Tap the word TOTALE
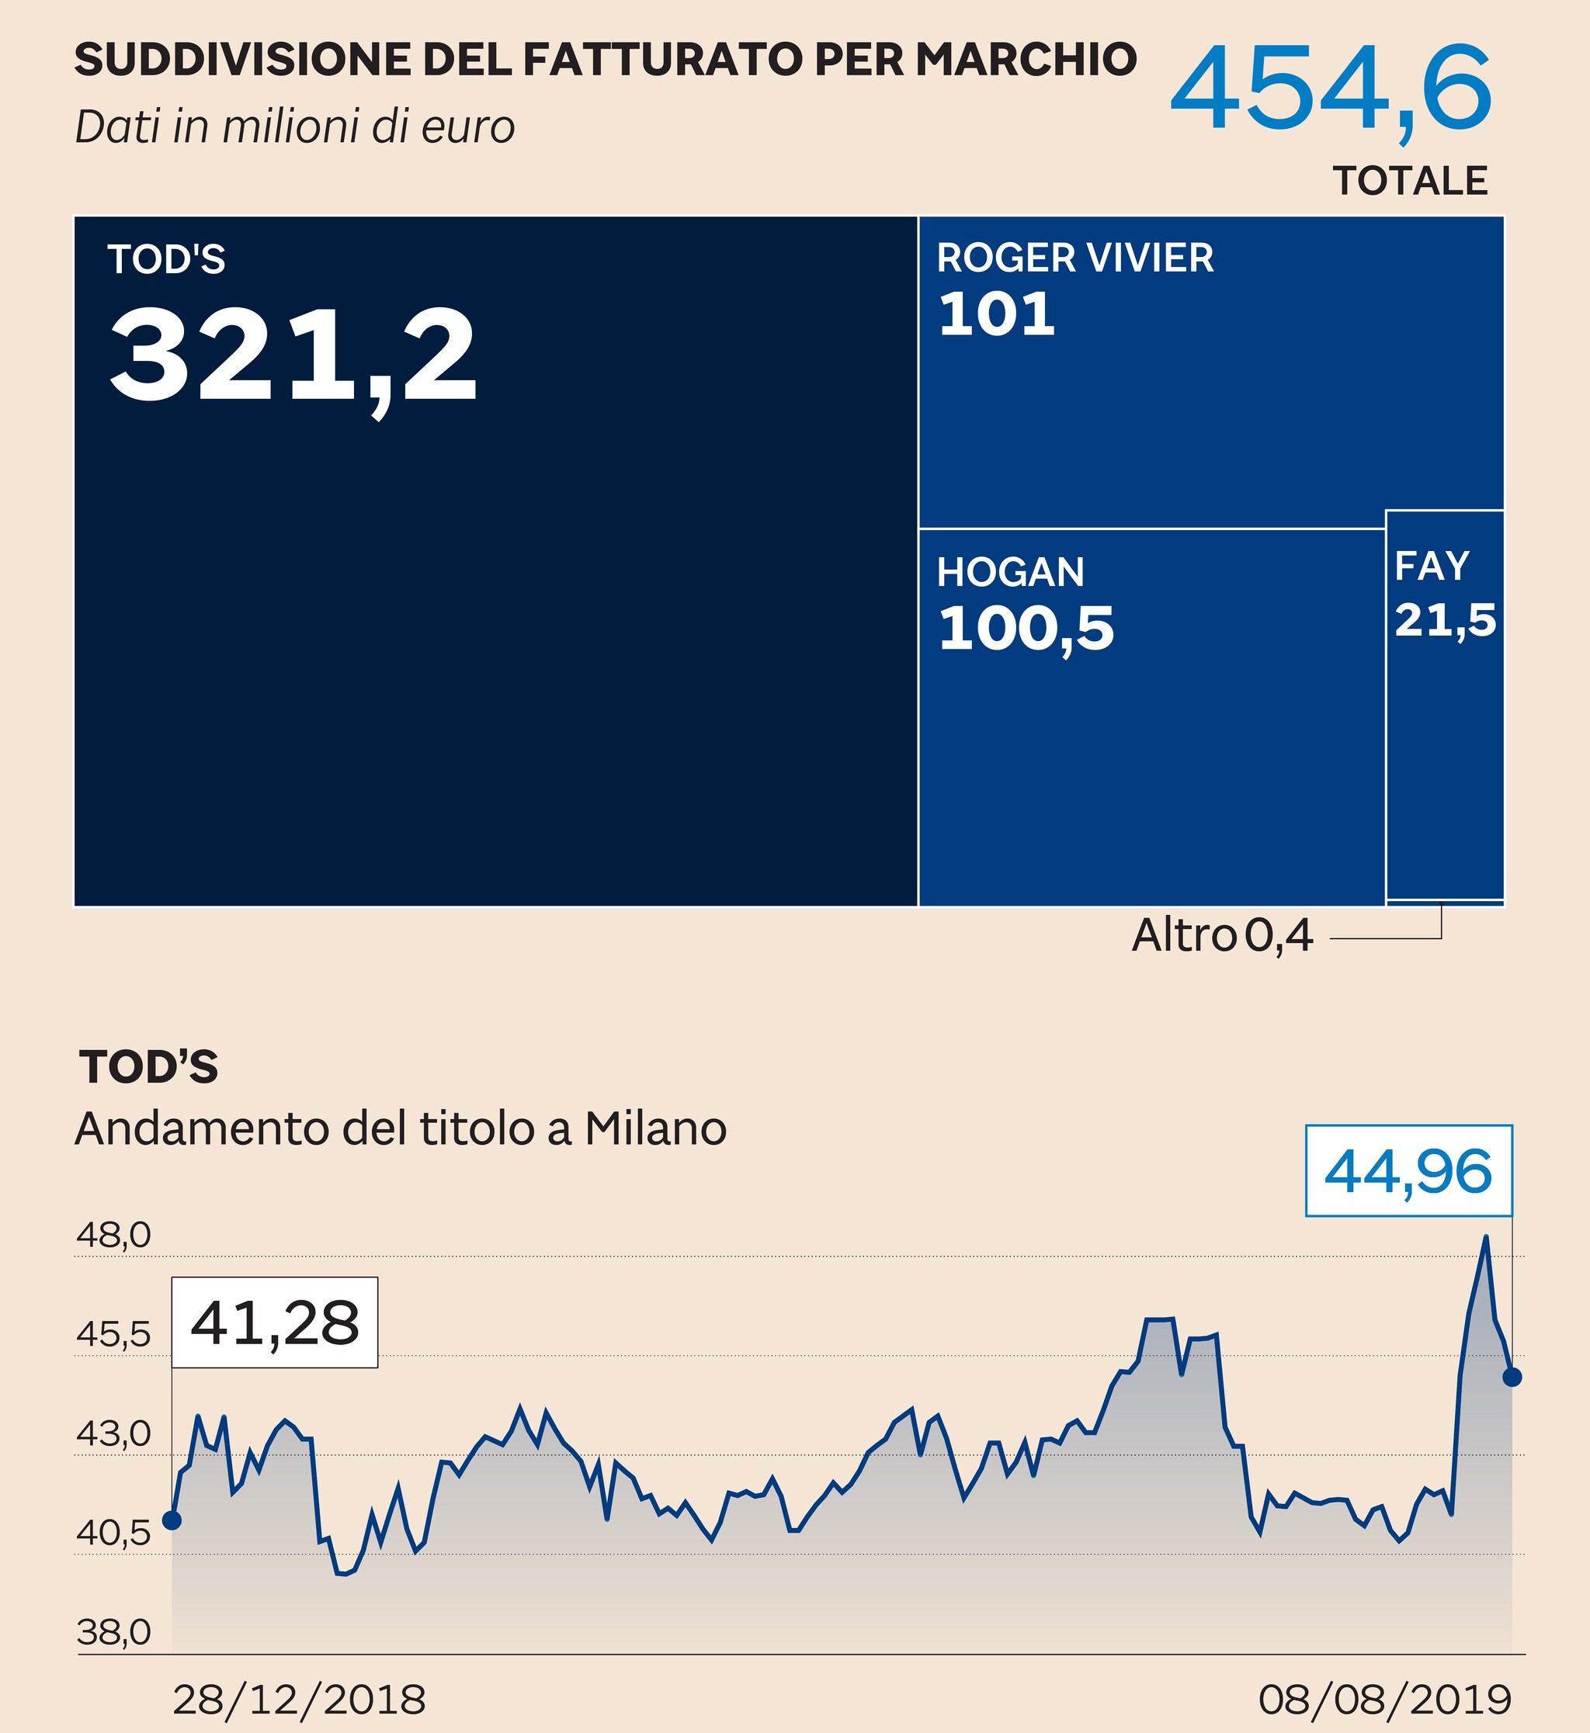click(x=1410, y=182)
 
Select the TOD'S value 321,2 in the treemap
click(x=293, y=355)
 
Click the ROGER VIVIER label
click(x=1074, y=258)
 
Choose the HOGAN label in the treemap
click(x=1010, y=573)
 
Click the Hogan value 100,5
click(x=1026, y=628)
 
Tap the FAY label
click(x=1432, y=566)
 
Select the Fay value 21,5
click(x=1446, y=620)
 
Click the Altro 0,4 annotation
click(x=1222, y=936)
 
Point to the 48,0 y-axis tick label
click(x=113, y=1236)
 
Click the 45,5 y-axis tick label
click(x=113, y=1335)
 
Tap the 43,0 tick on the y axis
click(x=113, y=1434)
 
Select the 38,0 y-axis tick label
click(x=113, y=1632)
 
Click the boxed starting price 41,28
click(x=275, y=1322)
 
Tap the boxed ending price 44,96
click(x=1408, y=1171)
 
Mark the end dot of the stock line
click(x=1512, y=1377)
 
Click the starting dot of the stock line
click(x=172, y=1520)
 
